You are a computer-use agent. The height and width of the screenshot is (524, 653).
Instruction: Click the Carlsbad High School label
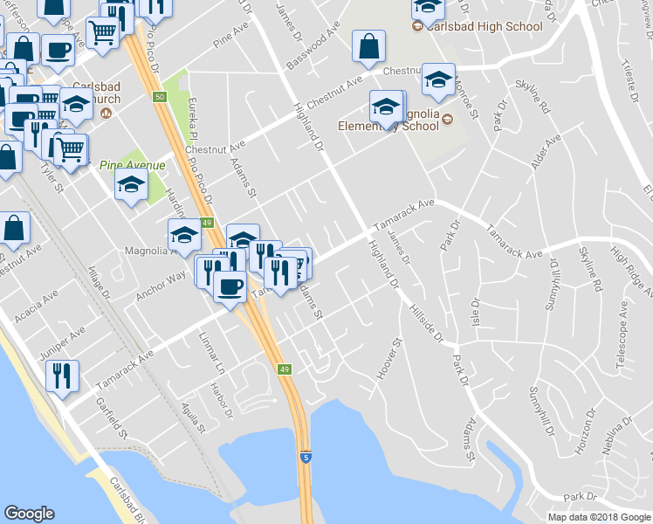488,26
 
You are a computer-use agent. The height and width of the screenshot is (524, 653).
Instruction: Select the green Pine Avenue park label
132,164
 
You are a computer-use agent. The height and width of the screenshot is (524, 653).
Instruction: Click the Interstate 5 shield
306,457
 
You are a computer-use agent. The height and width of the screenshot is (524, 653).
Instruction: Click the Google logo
29,514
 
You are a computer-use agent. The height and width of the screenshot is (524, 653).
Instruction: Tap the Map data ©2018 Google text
599,517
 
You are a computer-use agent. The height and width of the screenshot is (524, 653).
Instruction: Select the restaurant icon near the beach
62,376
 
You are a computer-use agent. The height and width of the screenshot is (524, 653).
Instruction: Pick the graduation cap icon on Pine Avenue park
132,185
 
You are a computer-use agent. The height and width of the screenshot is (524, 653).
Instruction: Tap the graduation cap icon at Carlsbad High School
428,8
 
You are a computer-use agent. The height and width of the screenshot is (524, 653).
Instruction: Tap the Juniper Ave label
63,343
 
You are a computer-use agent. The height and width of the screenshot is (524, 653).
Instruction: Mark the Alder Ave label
544,153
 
